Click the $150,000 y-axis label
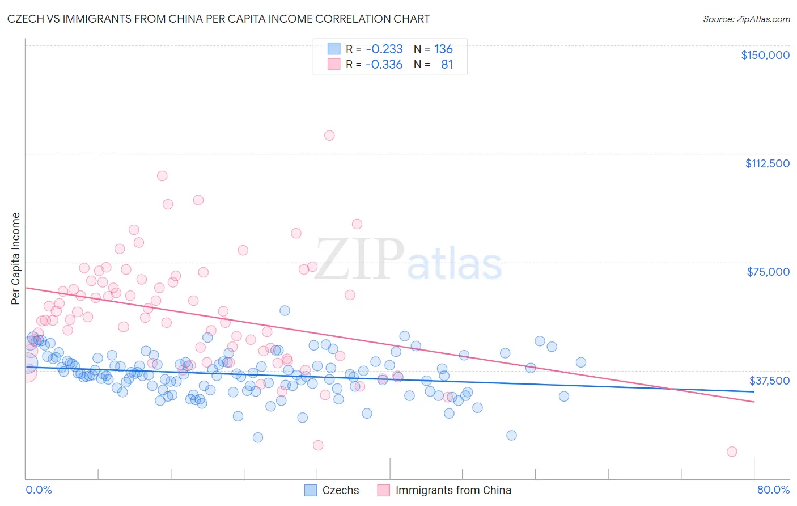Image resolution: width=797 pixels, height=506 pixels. [x=765, y=55]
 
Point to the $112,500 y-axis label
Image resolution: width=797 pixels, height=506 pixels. [x=767, y=163]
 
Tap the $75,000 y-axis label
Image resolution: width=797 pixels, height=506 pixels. [x=768, y=272]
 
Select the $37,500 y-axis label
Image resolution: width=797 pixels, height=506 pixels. [x=769, y=381]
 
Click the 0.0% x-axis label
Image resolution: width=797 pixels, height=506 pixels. [x=39, y=490]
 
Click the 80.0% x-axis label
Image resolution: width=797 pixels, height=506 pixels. [x=773, y=490]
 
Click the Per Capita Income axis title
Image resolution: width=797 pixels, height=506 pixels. [x=16, y=258]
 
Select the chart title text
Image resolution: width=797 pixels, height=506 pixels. [x=218, y=19]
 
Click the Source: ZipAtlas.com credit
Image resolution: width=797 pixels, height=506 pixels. [x=746, y=19]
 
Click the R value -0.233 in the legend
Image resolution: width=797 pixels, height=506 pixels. [x=384, y=49]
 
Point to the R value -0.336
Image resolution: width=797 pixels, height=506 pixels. [x=384, y=65]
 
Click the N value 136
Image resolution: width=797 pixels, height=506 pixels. [x=443, y=49]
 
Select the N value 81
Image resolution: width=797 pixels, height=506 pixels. [x=447, y=65]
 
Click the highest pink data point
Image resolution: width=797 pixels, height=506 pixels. [x=329, y=136]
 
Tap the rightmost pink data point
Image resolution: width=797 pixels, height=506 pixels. [x=732, y=452]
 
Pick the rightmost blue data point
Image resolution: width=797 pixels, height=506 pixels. [x=580, y=362]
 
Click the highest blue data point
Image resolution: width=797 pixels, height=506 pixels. [x=285, y=310]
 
